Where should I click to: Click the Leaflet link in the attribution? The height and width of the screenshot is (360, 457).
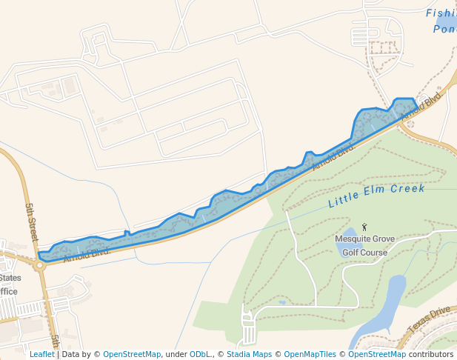coord(41,354)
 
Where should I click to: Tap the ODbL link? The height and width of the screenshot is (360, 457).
coord(201,354)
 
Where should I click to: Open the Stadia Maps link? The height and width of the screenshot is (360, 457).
coord(248,354)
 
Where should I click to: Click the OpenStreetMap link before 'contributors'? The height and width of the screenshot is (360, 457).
coord(377,354)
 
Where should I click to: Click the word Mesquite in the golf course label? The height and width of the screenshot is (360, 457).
coord(353,239)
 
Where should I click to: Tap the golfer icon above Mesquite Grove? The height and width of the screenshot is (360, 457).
coord(364,227)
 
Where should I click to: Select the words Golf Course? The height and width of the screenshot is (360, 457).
coord(364,253)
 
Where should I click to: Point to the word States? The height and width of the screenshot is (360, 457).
coord(10,278)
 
